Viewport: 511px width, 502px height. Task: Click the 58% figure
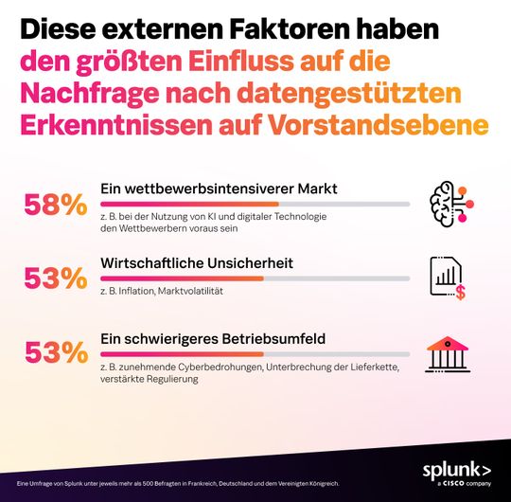pos(56,204)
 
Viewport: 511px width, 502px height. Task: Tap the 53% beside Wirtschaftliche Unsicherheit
pos(56,278)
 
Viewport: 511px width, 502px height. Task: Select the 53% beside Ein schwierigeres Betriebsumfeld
pos(56,352)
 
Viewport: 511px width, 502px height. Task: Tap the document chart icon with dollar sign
pos(447,278)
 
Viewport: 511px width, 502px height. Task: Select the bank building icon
pos(447,353)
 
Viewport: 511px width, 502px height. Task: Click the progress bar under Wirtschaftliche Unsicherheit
pos(255,278)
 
